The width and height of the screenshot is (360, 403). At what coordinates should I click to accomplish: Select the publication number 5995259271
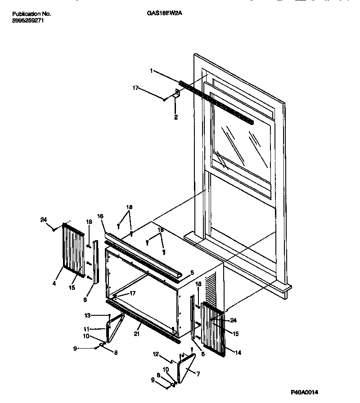27,20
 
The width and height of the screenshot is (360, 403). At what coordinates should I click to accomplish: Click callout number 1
152,70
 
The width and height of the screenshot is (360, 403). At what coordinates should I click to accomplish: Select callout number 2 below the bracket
176,117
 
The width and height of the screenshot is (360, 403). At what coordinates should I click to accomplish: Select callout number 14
238,353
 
